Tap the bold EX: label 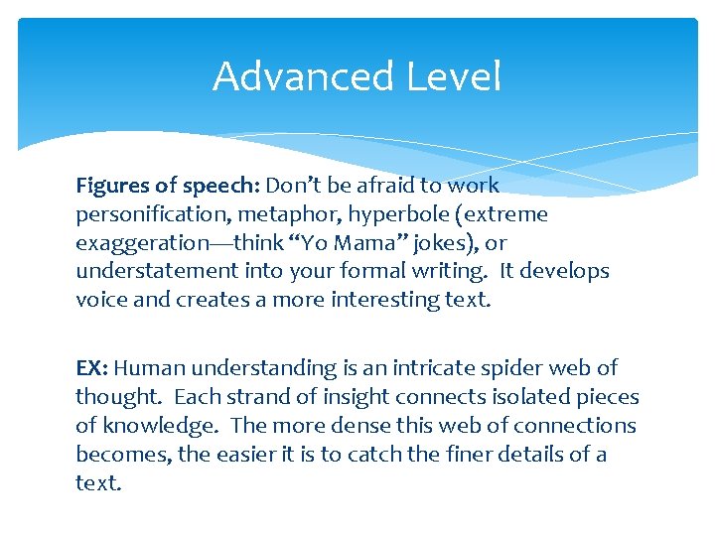(92, 368)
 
